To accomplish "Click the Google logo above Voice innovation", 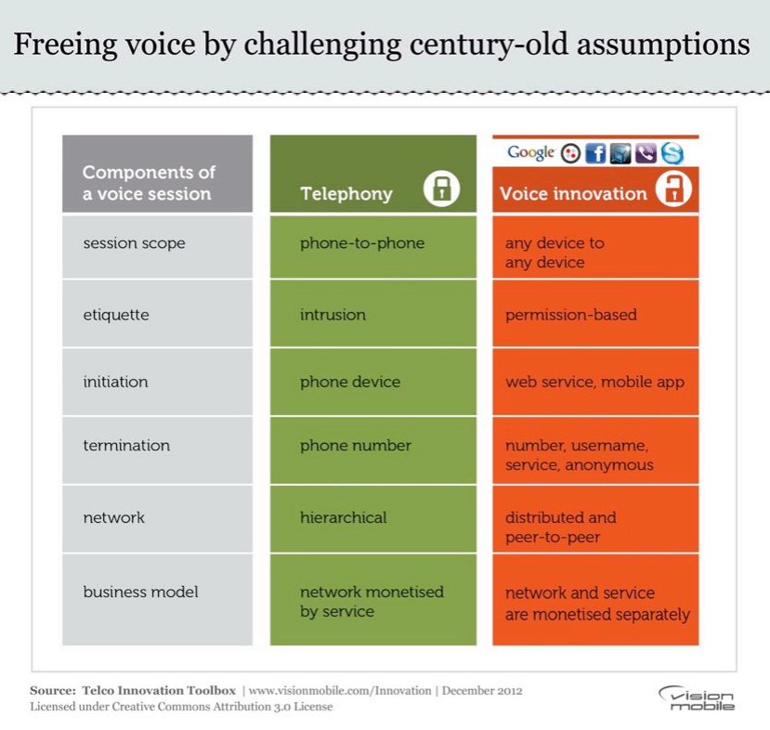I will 530,152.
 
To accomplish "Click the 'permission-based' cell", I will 595,315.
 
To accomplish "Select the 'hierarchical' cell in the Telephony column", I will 372,517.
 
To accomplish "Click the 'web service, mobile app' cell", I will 595,382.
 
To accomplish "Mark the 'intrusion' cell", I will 372,315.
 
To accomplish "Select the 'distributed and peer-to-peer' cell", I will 595,527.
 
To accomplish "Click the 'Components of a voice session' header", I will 157,183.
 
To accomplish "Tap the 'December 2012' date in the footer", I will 481,691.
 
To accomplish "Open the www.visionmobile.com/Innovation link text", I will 340,691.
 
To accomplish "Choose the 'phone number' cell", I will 372,445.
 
